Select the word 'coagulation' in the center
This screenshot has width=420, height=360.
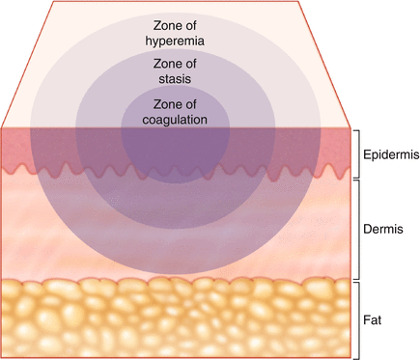(x=175, y=121)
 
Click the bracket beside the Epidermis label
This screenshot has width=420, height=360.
(x=355, y=153)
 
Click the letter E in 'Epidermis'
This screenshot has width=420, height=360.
(x=364, y=153)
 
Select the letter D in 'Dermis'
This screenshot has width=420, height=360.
(x=366, y=231)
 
